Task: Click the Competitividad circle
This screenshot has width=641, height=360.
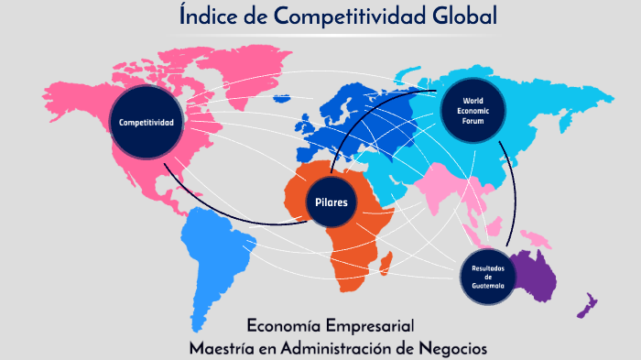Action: (x=144, y=122)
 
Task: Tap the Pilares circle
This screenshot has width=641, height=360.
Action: (x=331, y=202)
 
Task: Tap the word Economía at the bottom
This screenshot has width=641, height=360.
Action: (x=287, y=325)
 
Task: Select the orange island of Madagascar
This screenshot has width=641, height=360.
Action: (x=390, y=265)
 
